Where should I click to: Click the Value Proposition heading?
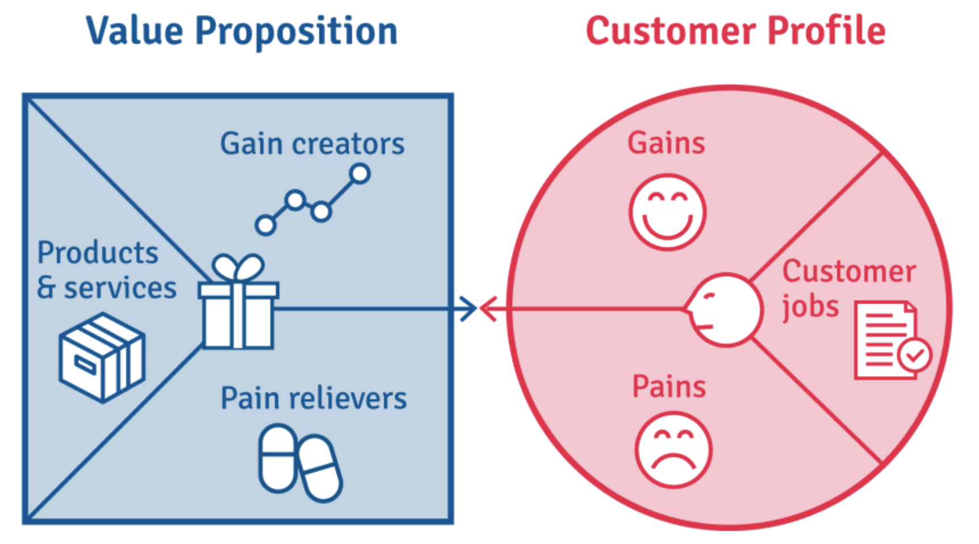tap(241, 31)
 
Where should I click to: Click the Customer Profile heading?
tap(735, 31)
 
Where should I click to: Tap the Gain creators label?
tap(312, 143)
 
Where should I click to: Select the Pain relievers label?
tap(313, 398)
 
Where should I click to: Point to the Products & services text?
tap(106, 270)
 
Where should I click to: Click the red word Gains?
tap(666, 143)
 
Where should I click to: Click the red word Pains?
tap(669, 387)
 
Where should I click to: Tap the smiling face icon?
tap(668, 212)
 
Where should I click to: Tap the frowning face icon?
tap(673, 450)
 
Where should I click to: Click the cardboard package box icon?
tap(102, 357)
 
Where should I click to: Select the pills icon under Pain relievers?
tap(300, 462)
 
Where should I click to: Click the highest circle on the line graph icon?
tap(359, 174)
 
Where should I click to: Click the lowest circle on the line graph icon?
tap(265, 225)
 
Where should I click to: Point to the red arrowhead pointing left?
tap(488, 309)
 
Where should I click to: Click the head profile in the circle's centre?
tap(725, 309)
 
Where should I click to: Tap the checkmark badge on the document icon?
tap(915, 355)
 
